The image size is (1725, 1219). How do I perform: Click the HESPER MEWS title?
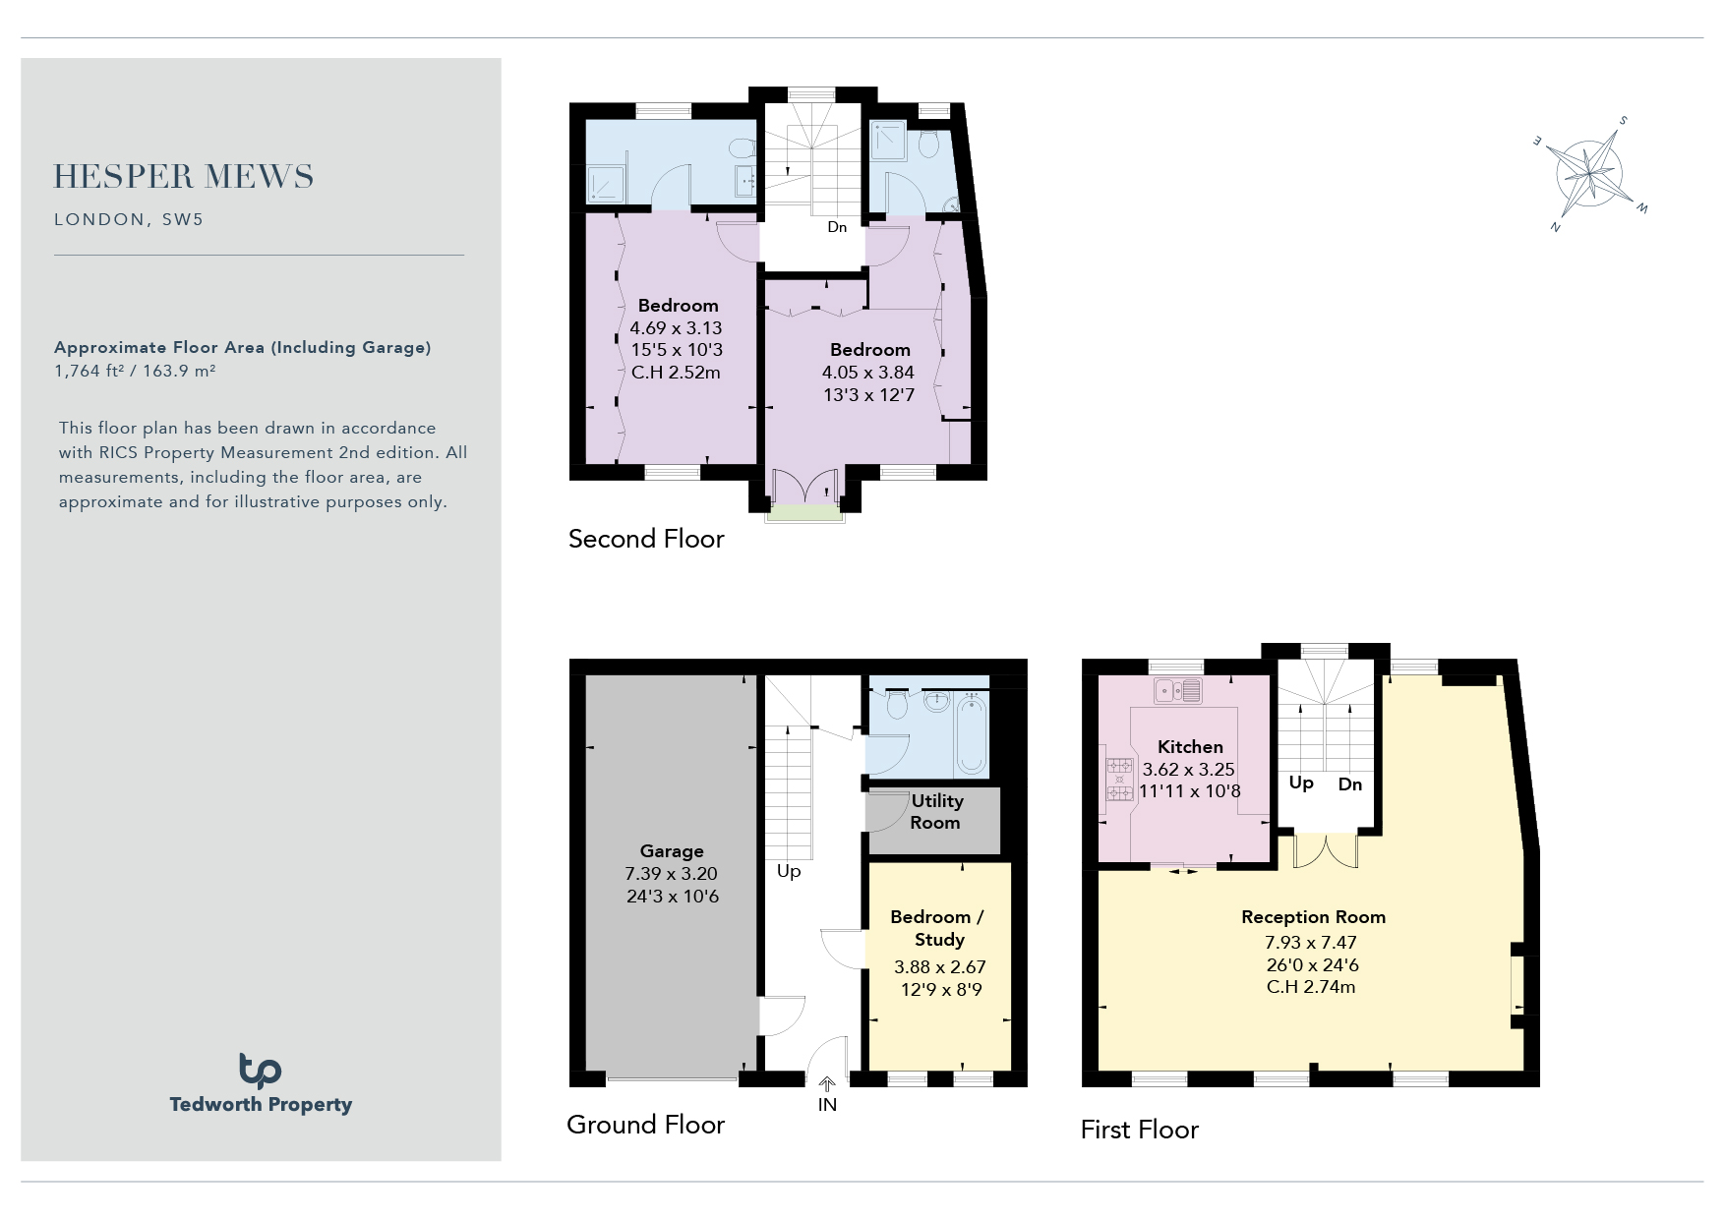184,177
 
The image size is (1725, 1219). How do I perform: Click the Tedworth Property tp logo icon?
260,1071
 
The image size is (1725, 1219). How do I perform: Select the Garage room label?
672,851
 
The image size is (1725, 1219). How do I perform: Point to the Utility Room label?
936,812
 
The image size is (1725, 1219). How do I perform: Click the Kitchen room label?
1190,747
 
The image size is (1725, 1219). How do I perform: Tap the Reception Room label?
1313,917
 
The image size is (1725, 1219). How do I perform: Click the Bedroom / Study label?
937,928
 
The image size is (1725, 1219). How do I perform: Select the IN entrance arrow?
827,1084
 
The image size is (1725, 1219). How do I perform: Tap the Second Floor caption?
646,539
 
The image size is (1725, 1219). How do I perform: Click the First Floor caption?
1140,1130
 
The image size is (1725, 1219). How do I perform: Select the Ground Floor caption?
645,1125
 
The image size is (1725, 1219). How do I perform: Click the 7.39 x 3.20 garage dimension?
672,874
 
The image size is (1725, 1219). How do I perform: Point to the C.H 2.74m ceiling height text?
1311,987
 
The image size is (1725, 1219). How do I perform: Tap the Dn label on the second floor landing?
837,227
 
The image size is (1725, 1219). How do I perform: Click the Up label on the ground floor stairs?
789,872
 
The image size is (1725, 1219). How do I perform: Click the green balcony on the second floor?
804,512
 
